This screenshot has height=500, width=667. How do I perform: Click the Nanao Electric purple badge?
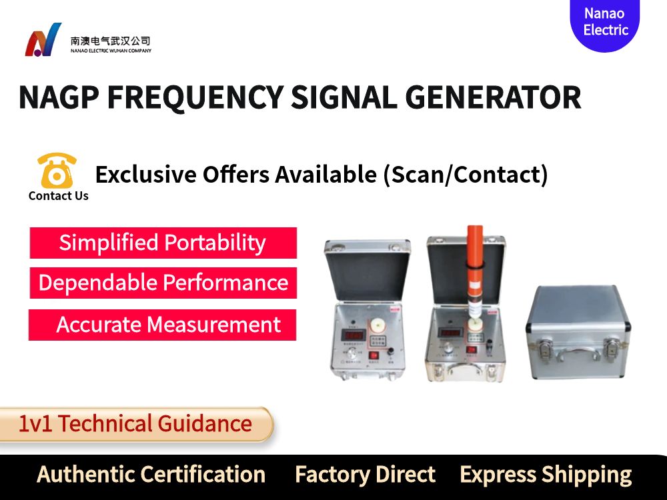click(604, 22)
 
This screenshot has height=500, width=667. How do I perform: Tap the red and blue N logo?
click(43, 41)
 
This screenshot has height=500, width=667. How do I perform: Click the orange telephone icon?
click(57, 171)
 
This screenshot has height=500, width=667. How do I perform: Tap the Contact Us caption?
click(58, 196)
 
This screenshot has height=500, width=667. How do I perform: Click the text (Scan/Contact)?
click(465, 175)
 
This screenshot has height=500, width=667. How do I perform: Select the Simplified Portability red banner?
click(163, 243)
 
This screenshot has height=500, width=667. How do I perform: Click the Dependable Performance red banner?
click(163, 283)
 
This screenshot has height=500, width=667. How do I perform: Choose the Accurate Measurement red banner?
click(162, 325)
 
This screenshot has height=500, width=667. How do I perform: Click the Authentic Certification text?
click(151, 475)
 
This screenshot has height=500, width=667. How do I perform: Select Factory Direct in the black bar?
click(365, 475)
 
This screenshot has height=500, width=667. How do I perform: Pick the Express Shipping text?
click(545, 475)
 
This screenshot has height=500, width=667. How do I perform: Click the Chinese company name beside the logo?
click(110, 41)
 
